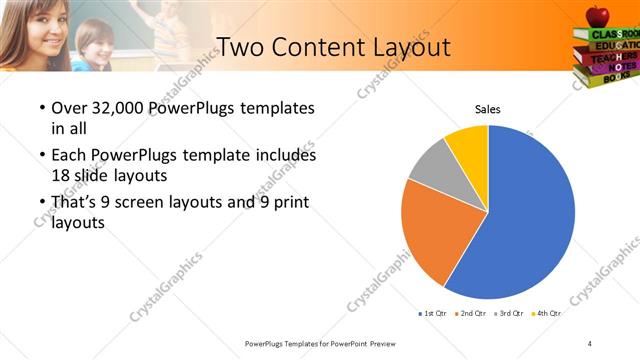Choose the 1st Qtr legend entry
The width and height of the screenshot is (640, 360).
pyautogui.click(x=434, y=313)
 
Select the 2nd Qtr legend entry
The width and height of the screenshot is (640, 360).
pyautogui.click(x=471, y=313)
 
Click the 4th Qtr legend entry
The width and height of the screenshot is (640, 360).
pyautogui.click(x=547, y=313)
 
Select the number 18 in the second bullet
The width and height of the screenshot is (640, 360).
pyautogui.click(x=61, y=174)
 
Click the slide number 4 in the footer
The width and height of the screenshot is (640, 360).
pyautogui.click(x=590, y=343)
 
